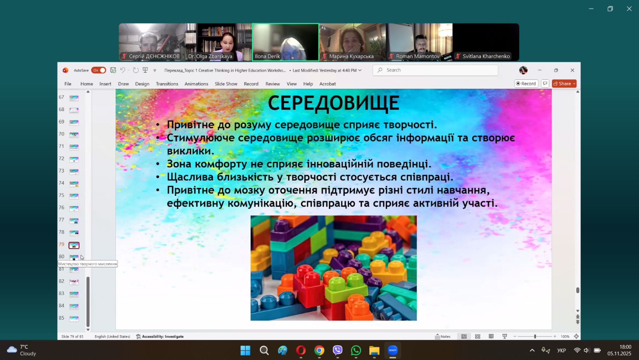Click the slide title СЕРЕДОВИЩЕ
[x=333, y=103]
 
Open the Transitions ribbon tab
[x=167, y=84]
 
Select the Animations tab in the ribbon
[x=196, y=84]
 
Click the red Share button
[x=564, y=84]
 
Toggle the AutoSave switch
[x=98, y=70]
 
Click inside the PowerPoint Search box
[x=435, y=70]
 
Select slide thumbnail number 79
[x=74, y=245]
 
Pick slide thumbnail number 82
[x=74, y=282]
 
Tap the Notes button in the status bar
[x=443, y=336]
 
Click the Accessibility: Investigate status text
[x=160, y=336]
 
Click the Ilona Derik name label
[x=267, y=56]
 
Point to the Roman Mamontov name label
[x=418, y=56]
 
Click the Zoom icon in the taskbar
[x=393, y=350]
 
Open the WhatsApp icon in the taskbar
[x=356, y=350]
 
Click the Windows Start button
[x=245, y=350]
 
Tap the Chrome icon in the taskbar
[x=319, y=350]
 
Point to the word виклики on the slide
[x=190, y=151]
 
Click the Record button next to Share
[x=526, y=84]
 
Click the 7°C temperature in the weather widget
[x=24, y=347]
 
